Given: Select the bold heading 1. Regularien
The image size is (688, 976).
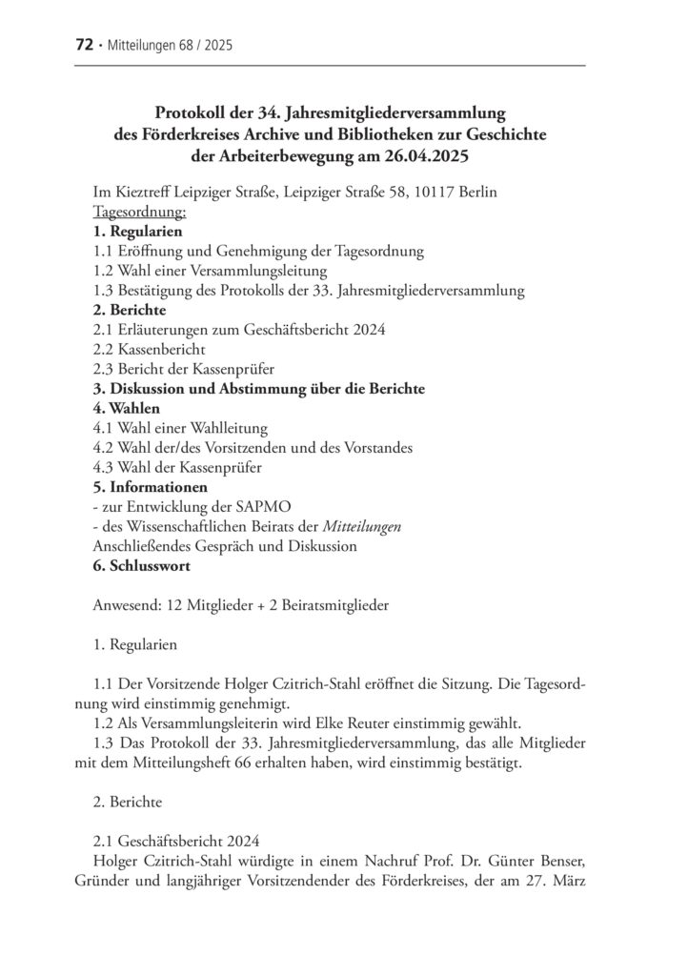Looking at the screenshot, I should (137, 232).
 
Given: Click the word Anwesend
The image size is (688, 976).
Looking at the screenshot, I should (123, 605).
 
